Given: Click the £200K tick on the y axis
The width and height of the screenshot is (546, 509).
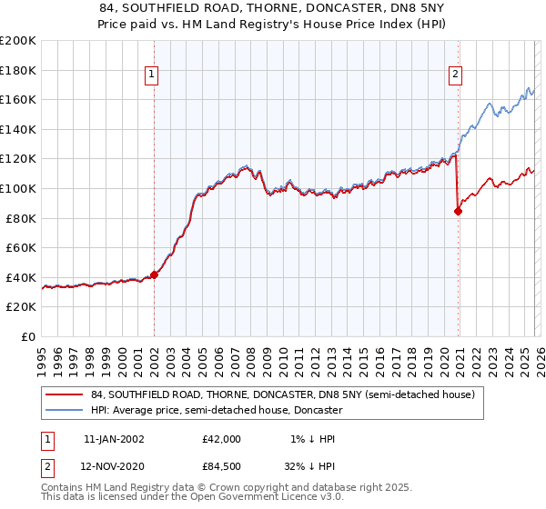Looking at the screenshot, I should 18,41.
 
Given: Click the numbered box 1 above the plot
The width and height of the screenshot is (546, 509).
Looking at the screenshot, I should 153,75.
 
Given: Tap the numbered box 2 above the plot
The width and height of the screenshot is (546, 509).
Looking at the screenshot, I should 455,75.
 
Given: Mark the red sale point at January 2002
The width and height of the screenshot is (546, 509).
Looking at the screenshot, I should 154,274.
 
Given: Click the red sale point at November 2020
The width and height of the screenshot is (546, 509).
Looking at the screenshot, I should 458,212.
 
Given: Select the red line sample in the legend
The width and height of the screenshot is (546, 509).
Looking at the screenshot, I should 65,395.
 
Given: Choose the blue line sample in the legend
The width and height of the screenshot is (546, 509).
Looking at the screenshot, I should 65,411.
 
